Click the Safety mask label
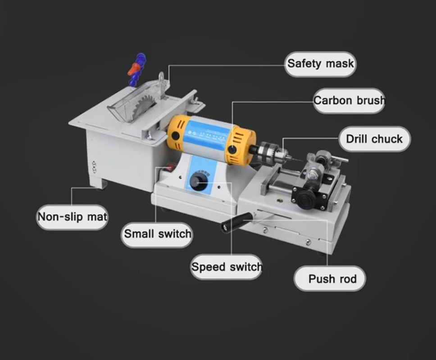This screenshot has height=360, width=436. point(320,64)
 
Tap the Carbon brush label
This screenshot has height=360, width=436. point(349,101)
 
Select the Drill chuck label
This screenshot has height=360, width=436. point(374,139)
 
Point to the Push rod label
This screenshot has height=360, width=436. point(330,279)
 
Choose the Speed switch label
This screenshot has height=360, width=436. point(227,267)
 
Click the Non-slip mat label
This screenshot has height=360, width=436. point(73,217)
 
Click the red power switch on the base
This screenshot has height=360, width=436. point(169,168)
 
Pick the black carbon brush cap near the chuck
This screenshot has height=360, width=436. point(232,150)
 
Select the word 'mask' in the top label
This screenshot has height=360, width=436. point(340,64)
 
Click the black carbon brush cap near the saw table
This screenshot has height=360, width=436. point(175,135)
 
